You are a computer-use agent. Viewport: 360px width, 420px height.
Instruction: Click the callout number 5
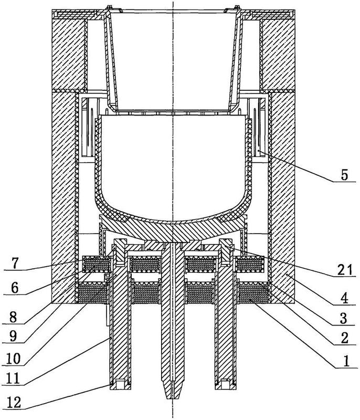tap(344, 175)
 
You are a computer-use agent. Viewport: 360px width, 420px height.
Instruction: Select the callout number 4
tap(344, 298)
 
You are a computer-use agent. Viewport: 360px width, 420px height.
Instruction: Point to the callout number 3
tap(344, 318)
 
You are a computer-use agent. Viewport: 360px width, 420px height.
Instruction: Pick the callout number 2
tap(344, 338)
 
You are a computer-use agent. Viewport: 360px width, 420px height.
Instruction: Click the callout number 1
tap(346, 361)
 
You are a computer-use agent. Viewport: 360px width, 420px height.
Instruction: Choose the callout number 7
tap(15, 264)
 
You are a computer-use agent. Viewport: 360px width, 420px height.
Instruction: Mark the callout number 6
tap(15, 288)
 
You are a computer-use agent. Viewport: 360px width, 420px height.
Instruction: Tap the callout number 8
tap(13, 318)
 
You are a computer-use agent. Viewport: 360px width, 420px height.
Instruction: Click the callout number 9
tap(13, 336)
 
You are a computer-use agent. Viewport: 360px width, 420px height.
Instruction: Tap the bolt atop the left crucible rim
tap(109, 7)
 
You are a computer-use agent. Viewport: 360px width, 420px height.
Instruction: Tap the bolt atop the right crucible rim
tap(237, 7)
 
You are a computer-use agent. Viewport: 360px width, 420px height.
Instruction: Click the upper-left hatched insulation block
tap(69, 54)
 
